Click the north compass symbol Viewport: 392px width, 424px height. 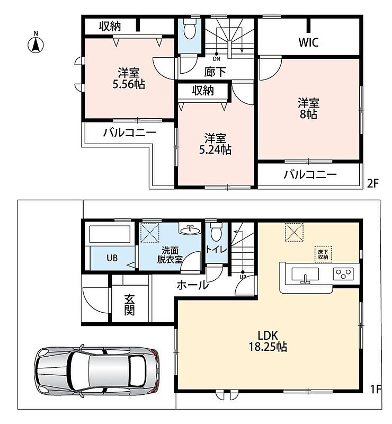(x=35, y=43)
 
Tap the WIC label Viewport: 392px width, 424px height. (x=308, y=42)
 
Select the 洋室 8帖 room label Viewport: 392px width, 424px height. (x=308, y=109)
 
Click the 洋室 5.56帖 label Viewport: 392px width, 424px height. (x=129, y=78)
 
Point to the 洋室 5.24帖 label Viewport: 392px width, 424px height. (x=215, y=144)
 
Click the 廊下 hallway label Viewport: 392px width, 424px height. (x=215, y=72)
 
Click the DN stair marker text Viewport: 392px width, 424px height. (x=216, y=59)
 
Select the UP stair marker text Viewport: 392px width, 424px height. (x=243, y=277)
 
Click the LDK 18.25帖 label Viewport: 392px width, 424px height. (x=268, y=341)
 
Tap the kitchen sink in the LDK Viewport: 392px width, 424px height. (x=305, y=275)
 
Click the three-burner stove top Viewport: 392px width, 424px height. (x=343, y=273)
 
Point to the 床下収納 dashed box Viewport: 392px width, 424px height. (x=323, y=254)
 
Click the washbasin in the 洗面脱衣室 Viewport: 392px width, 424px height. (x=190, y=230)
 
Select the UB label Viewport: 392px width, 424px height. (x=112, y=258)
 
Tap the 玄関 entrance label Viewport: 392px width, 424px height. (x=129, y=305)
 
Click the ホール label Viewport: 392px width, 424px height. (x=192, y=285)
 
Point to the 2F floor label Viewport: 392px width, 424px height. (x=372, y=184)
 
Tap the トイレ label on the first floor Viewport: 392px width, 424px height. (x=216, y=249)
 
